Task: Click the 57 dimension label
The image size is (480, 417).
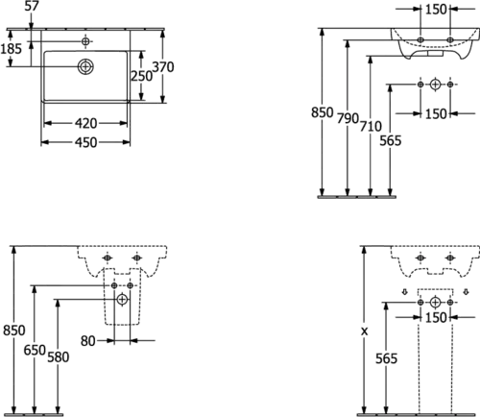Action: click(32, 6)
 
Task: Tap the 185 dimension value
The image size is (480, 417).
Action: click(11, 49)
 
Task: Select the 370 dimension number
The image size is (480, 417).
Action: click(163, 67)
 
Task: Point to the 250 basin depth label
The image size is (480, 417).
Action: click(142, 76)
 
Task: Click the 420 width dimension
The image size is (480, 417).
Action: click(85, 123)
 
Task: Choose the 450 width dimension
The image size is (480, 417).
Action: click(85, 142)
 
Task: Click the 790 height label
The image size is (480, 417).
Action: click(348, 118)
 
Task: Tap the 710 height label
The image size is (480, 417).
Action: click(371, 126)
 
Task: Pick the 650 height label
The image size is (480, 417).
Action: click(35, 350)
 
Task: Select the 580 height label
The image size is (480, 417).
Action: click(59, 357)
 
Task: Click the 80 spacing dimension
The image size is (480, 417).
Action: click(87, 341)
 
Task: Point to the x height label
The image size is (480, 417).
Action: click(364, 331)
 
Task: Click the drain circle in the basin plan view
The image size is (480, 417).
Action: click(85, 66)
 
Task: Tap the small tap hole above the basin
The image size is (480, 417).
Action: click(85, 41)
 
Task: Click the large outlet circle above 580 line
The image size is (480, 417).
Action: click(122, 300)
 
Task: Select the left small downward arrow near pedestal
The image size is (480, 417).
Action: click(405, 292)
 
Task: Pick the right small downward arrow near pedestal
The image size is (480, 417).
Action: click(466, 292)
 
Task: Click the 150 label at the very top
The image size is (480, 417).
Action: click(436, 10)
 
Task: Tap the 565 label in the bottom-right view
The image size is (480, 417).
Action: click(387, 358)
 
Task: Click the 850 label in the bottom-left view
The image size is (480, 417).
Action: click(13, 331)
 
